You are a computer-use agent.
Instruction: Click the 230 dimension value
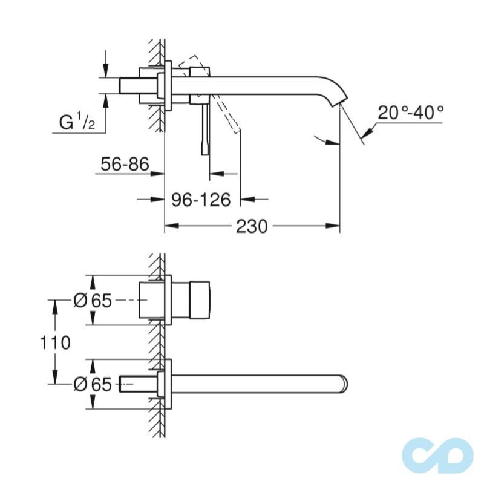pyautogui.click(x=251, y=227)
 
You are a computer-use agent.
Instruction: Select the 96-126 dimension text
pyautogui.click(x=201, y=199)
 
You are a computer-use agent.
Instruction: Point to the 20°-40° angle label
pyautogui.click(x=411, y=113)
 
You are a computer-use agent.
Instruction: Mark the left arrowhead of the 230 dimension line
pyautogui.click(x=171, y=227)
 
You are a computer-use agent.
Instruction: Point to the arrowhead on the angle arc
pyautogui.click(x=330, y=142)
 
